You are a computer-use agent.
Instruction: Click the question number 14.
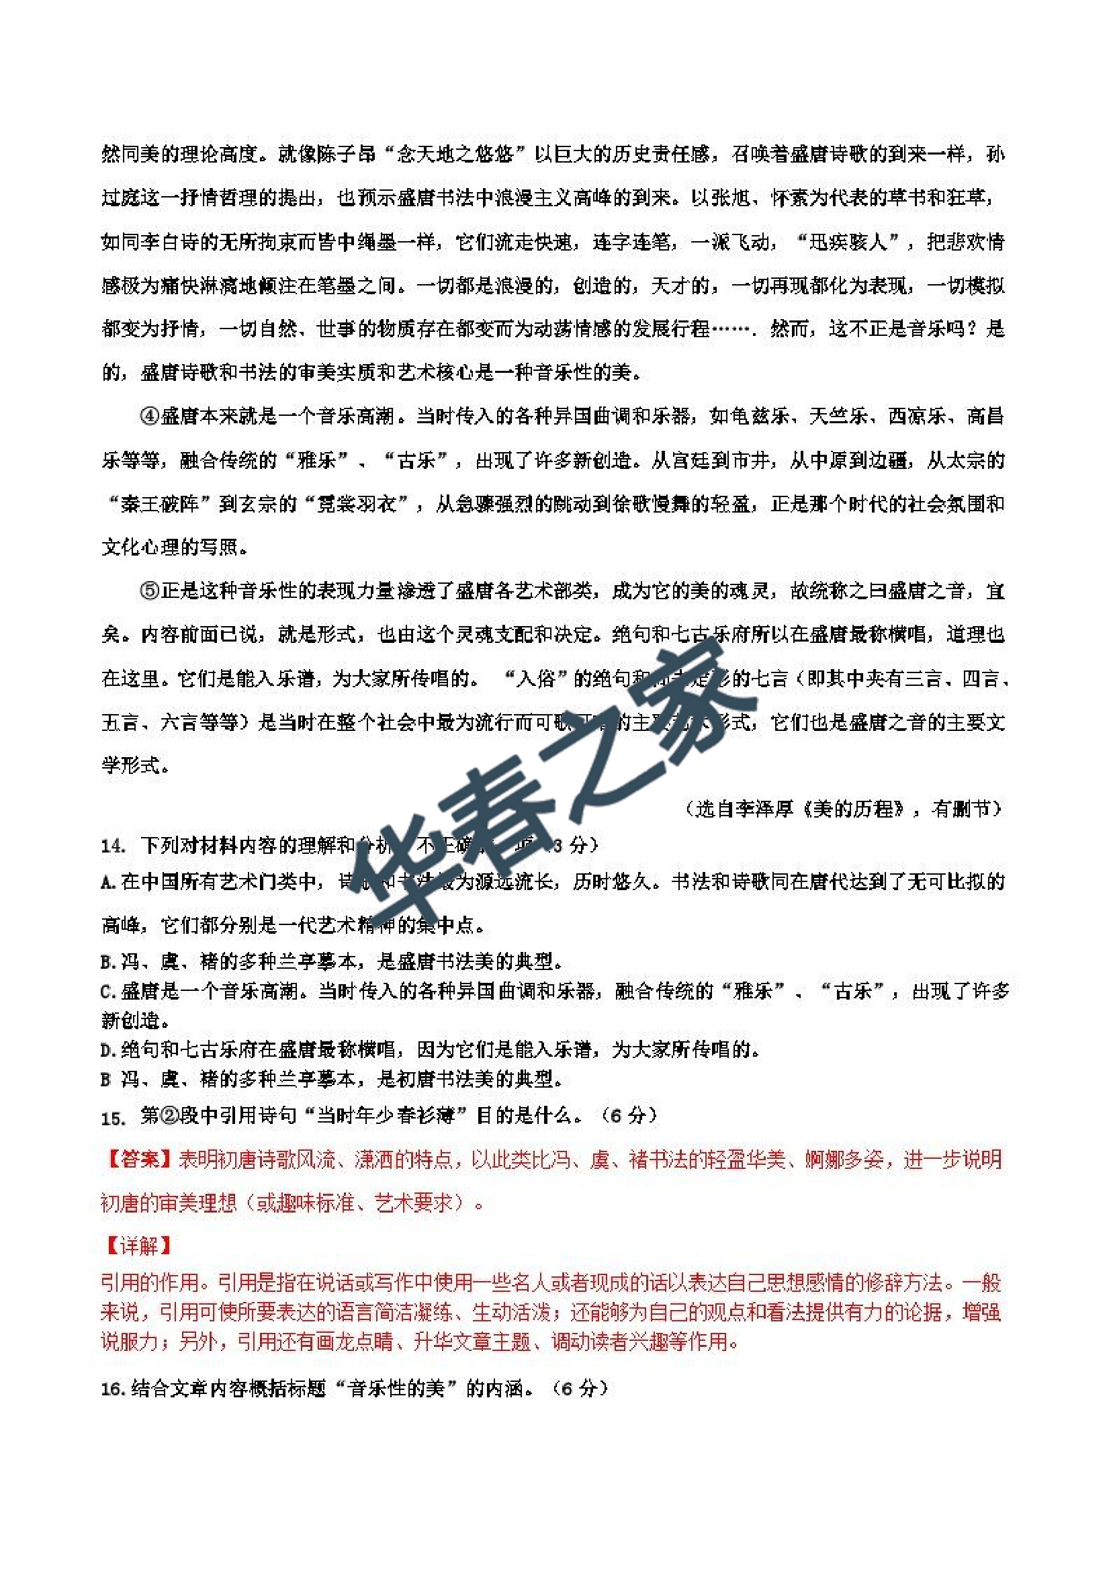(x=113, y=846)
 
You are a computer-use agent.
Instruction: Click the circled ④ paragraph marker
(x=150, y=416)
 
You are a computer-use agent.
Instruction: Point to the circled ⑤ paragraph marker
(x=150, y=591)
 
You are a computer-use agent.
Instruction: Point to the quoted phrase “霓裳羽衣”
(x=366, y=504)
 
